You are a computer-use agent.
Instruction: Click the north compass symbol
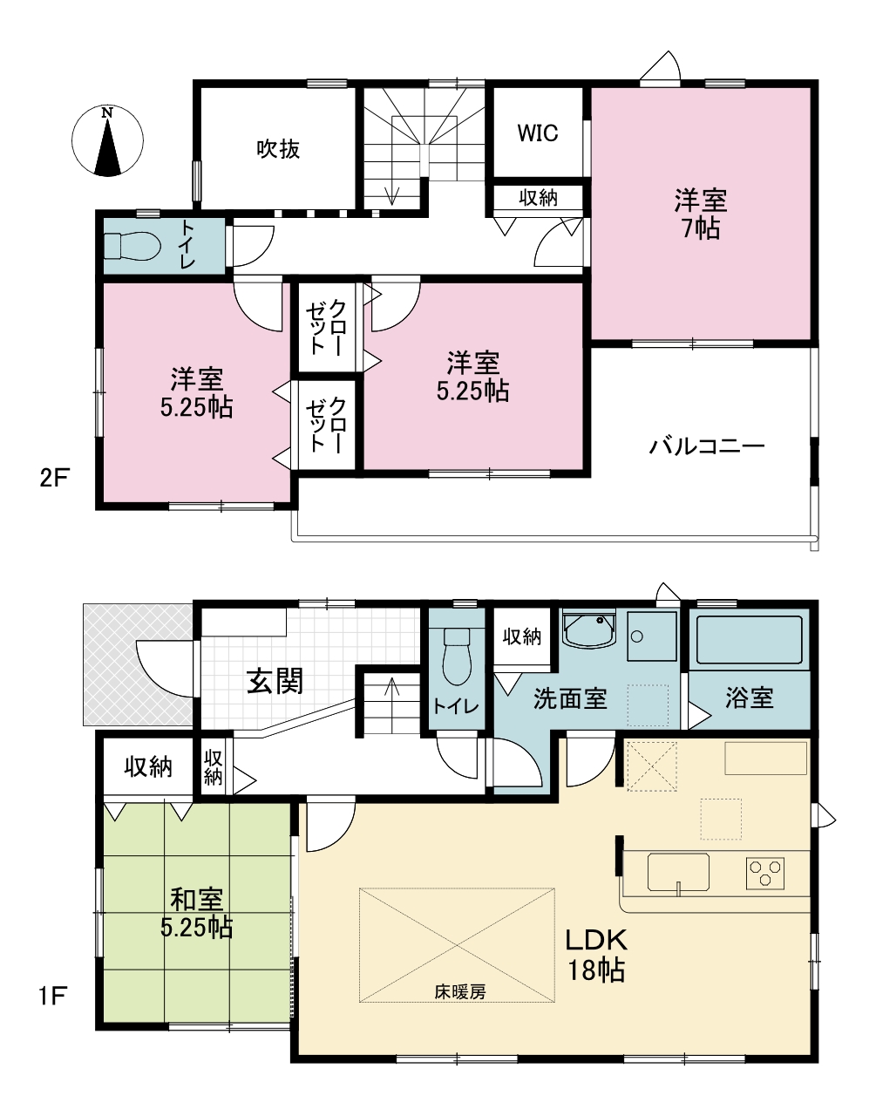pos(107,140)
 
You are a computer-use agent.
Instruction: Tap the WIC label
pos(537,133)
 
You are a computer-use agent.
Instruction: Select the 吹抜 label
pos(278,149)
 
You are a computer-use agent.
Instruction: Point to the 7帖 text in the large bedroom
pos(701,228)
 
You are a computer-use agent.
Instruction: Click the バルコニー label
pos(707,446)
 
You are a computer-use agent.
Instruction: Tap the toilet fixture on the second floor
pos(132,247)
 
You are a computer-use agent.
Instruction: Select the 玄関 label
pos(275,681)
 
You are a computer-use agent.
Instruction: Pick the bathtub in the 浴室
pos(749,640)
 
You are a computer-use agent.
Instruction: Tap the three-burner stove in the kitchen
pos(765,873)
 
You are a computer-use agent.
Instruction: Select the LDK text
pos(596,940)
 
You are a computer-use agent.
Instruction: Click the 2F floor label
pos(54,479)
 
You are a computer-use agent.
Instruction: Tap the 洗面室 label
pos(570,698)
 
